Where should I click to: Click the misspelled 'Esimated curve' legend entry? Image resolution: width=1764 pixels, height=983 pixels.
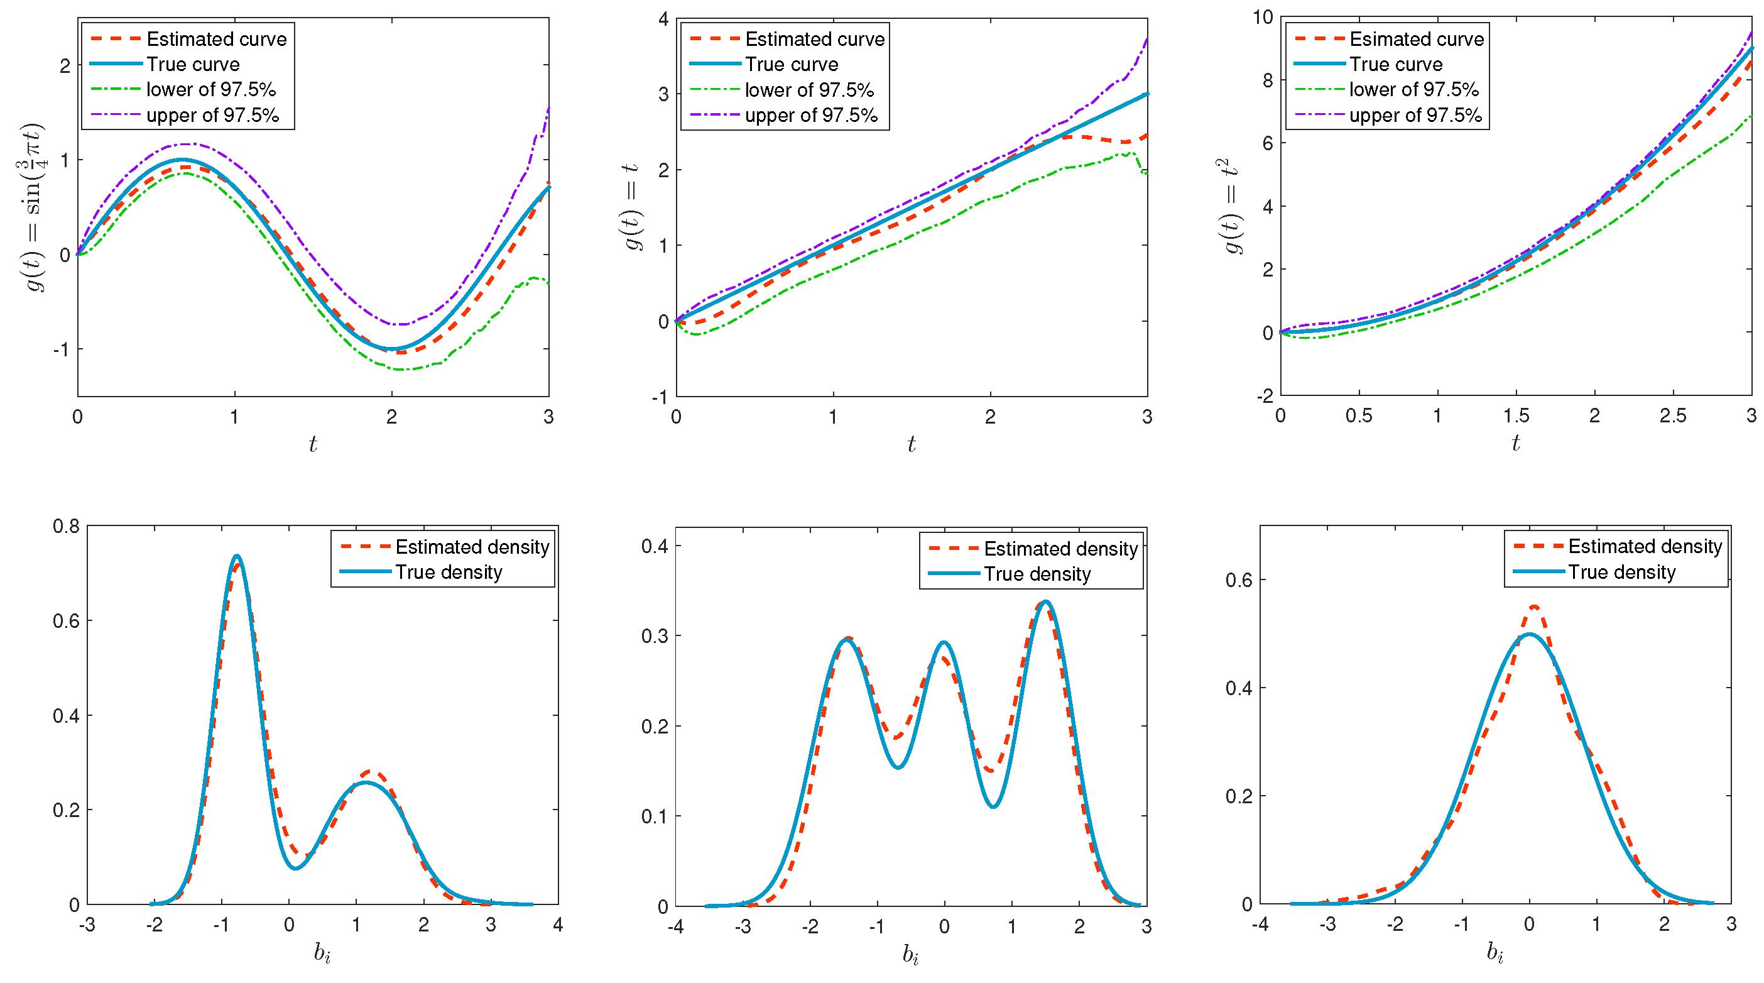[1415, 39]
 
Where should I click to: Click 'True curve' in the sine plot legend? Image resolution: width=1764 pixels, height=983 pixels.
[192, 64]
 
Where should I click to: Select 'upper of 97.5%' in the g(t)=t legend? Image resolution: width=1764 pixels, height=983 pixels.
[811, 115]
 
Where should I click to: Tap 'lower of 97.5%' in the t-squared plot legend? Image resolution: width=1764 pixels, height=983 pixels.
[1413, 90]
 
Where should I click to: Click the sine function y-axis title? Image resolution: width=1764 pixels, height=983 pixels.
[32, 206]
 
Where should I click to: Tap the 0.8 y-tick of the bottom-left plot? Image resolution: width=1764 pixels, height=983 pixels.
[66, 526]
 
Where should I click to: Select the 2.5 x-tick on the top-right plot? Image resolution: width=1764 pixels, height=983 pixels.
[1672, 416]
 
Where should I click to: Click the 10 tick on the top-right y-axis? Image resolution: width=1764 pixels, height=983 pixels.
[1263, 17]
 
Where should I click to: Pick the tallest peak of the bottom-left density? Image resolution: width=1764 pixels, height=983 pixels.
[237, 556]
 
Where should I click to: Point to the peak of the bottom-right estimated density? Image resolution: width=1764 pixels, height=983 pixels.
[1534, 607]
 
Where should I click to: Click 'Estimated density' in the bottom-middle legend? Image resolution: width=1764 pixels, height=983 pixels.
[1060, 549]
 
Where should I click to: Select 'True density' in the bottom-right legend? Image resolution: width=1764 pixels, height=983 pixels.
[1621, 572]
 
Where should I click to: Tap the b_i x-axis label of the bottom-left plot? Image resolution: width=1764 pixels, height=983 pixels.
[322, 952]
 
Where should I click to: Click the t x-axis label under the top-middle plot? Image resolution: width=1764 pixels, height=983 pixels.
[911, 444]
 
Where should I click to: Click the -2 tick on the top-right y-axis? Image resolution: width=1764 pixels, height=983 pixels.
[1264, 396]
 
